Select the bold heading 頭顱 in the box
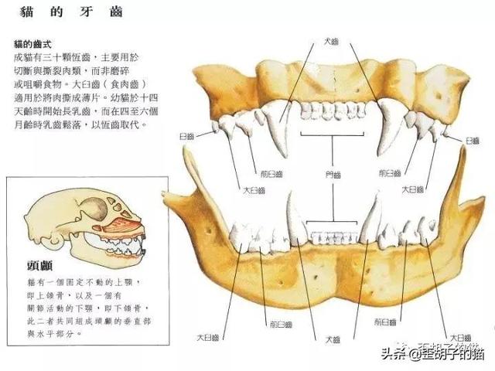tap(39, 266)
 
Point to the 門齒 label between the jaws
tap(333, 176)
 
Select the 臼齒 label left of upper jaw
tap(186, 136)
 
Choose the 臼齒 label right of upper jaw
tap(473, 141)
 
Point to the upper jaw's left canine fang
tap(283, 131)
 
